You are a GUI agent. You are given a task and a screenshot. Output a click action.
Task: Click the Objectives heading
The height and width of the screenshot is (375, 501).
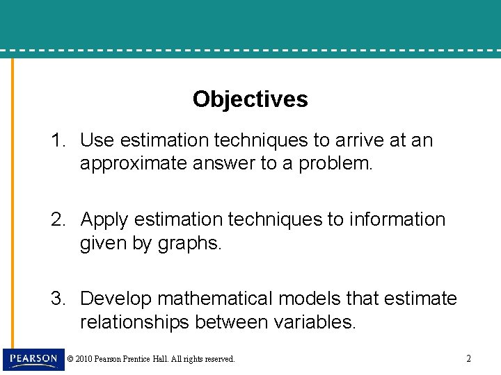250,99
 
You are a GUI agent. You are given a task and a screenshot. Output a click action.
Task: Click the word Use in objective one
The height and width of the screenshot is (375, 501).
97,140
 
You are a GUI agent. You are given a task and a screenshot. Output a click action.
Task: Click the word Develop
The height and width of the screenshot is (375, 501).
116,299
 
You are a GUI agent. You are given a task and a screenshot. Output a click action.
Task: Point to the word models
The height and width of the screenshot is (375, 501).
310,299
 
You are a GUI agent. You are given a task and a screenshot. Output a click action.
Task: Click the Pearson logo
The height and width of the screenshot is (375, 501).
33,359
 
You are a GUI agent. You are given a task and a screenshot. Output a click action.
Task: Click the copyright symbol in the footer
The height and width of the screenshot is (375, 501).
70,359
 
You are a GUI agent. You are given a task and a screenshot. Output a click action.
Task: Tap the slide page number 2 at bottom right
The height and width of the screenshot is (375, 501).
468,359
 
